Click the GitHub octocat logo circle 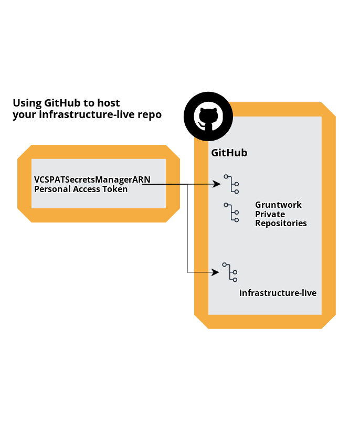point(208,116)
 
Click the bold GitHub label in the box point(229,153)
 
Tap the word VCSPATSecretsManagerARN point(92,179)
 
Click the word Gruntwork point(278,205)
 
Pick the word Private point(270,214)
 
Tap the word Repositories point(281,223)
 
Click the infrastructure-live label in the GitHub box point(278,293)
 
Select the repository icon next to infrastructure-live point(230,272)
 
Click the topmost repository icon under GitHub point(231,184)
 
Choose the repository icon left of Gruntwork point(231,213)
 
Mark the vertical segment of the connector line point(187,228)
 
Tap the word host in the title point(109,103)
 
